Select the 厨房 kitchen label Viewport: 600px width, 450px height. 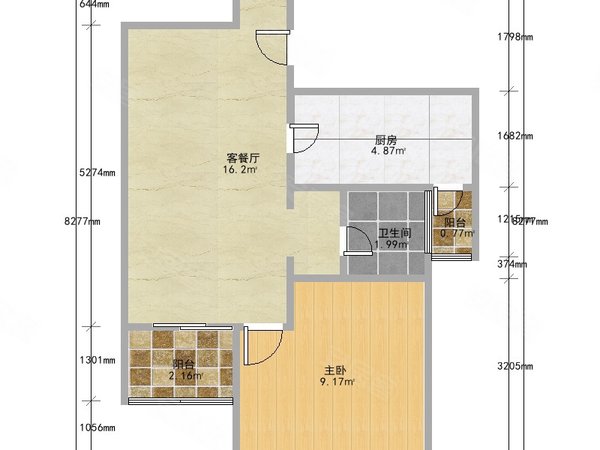coord(388,140)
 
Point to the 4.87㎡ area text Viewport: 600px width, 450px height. coord(388,152)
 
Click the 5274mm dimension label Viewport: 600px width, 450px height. coord(97,171)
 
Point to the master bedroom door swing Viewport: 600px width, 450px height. coord(263,345)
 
